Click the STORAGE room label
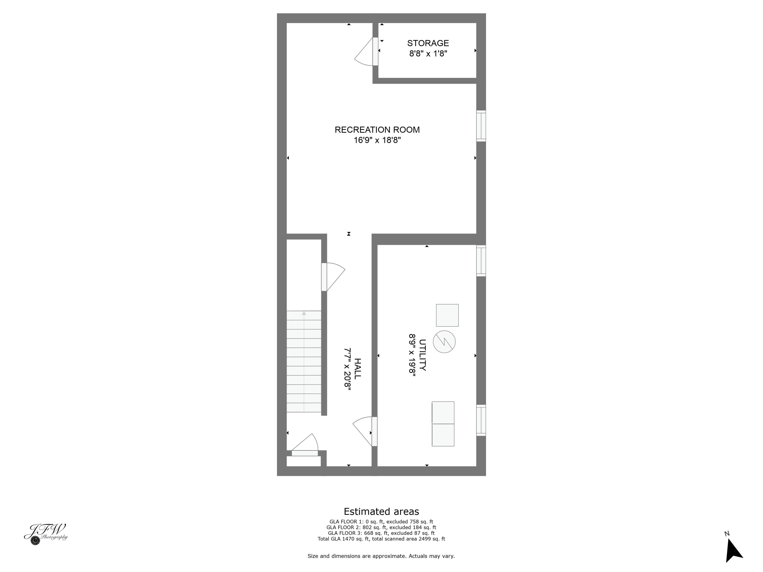tap(428, 43)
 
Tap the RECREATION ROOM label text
tap(377, 130)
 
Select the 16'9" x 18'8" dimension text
tap(377, 140)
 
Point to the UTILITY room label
tap(422, 355)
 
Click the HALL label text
tap(358, 369)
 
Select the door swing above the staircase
tap(334, 276)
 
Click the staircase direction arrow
tap(304, 313)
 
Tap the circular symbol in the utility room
tap(444, 342)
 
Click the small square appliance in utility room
tap(447, 315)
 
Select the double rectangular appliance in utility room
tap(443, 424)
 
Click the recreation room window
tap(481, 126)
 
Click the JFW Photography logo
tap(46, 533)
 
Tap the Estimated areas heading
tap(381, 511)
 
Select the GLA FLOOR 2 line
tap(381, 527)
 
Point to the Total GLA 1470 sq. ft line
tap(381, 538)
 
